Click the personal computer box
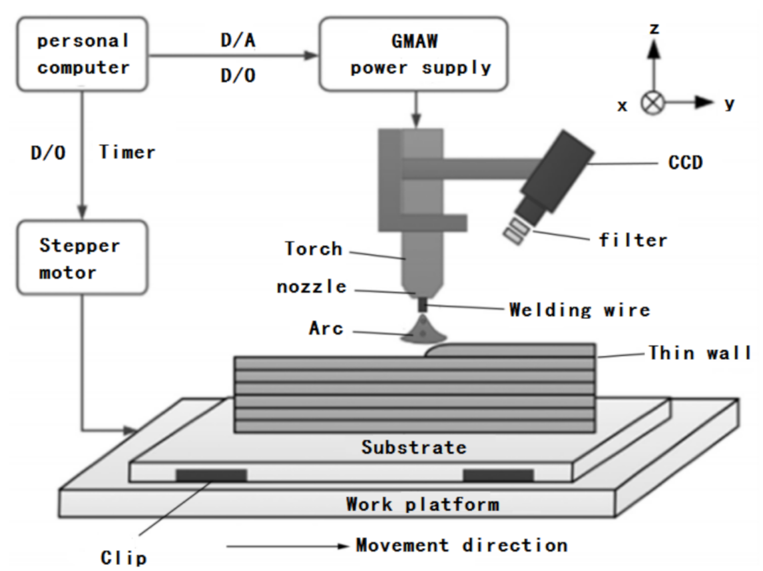[83, 55]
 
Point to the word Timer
[127, 153]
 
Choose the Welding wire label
[579, 310]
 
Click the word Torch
[314, 249]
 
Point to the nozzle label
[312, 287]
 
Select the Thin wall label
[700, 352]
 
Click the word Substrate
[414, 446]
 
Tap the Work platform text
[422, 503]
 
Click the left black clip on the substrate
[211, 475]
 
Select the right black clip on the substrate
[498, 475]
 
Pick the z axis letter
[655, 27]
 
